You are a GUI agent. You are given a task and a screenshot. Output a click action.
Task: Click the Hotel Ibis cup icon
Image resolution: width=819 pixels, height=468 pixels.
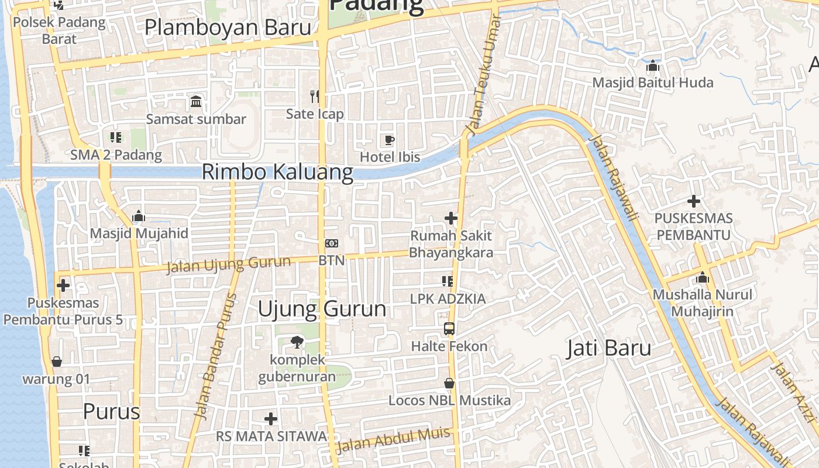389,140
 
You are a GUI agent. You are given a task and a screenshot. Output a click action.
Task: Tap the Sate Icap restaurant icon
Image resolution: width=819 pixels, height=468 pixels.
315,96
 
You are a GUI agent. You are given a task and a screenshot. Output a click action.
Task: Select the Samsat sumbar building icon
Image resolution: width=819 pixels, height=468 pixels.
196,101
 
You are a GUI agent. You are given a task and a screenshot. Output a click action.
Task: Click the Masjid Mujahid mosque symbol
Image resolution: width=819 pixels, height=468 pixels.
139,216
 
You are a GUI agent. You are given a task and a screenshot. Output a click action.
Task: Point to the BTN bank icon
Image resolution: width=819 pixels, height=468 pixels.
332,243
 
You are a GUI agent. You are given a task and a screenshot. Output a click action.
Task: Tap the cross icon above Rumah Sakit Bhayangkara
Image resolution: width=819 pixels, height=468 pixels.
450,218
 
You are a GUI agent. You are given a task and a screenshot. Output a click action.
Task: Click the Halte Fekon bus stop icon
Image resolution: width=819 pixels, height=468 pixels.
449,329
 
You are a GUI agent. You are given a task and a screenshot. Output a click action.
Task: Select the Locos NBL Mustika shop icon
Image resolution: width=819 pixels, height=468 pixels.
449,383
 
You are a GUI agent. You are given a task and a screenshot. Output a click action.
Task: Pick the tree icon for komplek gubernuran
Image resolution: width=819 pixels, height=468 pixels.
297,342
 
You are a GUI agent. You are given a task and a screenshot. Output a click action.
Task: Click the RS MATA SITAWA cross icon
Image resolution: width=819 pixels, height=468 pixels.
271,419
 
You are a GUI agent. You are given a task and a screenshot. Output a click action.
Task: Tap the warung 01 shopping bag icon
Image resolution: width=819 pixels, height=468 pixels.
57,362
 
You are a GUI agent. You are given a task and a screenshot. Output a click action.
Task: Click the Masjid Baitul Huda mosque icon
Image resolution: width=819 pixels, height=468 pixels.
653,66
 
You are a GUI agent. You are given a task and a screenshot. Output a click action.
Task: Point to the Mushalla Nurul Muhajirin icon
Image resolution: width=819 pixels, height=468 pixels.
703,277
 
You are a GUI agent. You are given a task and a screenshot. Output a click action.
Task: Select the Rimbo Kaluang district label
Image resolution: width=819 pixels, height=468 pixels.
277,173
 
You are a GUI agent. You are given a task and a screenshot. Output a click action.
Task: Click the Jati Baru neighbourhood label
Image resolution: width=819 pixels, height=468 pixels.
608,348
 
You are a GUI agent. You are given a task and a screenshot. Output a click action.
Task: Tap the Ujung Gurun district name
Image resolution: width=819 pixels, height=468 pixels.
322,309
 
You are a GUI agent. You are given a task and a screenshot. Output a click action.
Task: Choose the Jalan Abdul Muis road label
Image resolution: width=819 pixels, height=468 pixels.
393,440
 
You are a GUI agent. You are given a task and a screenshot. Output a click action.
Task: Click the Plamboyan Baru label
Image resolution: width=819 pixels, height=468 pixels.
228,27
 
